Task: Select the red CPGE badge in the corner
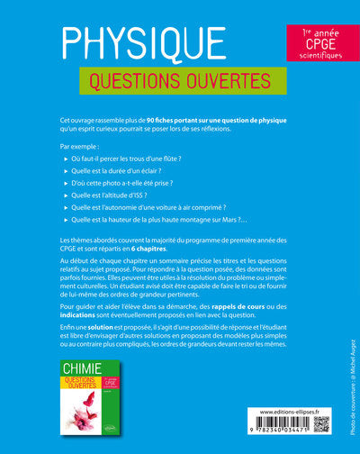(314, 43)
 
